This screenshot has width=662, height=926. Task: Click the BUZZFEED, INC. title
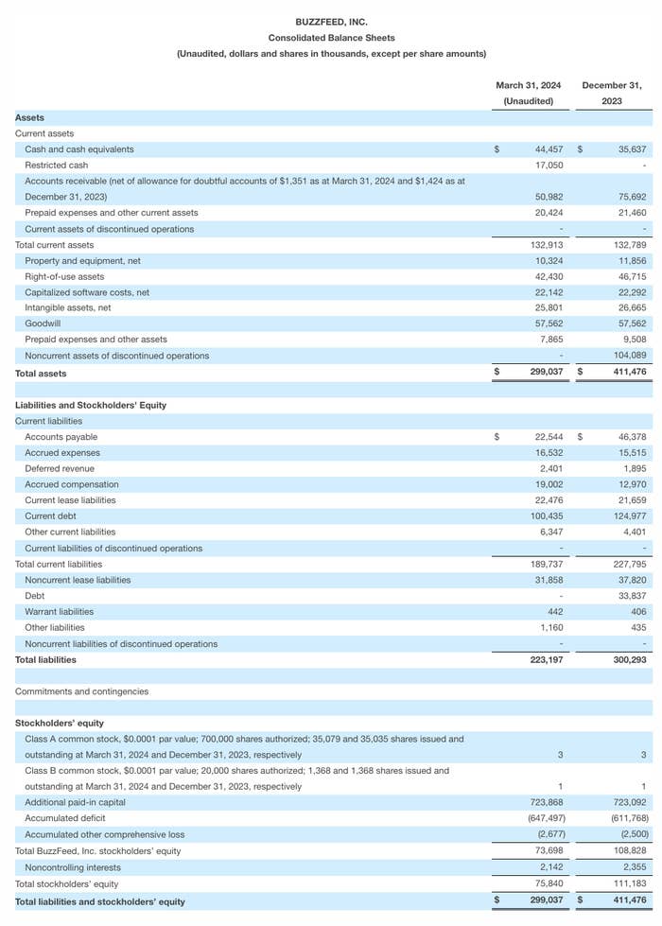[331, 22]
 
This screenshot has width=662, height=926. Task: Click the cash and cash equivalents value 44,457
[549, 149]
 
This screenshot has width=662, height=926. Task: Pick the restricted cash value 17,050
[549, 166]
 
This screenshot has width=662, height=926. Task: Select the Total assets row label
[41, 374]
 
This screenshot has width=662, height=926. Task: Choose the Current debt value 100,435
[547, 516]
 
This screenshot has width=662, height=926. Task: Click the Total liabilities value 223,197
[546, 660]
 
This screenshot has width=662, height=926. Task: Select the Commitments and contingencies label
[81, 691]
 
